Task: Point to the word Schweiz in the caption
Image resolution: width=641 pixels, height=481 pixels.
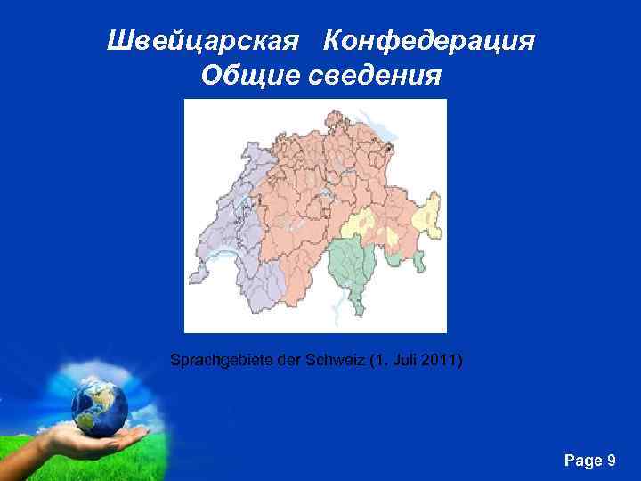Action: pos(337,361)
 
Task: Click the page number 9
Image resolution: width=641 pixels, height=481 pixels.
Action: pos(611,460)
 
